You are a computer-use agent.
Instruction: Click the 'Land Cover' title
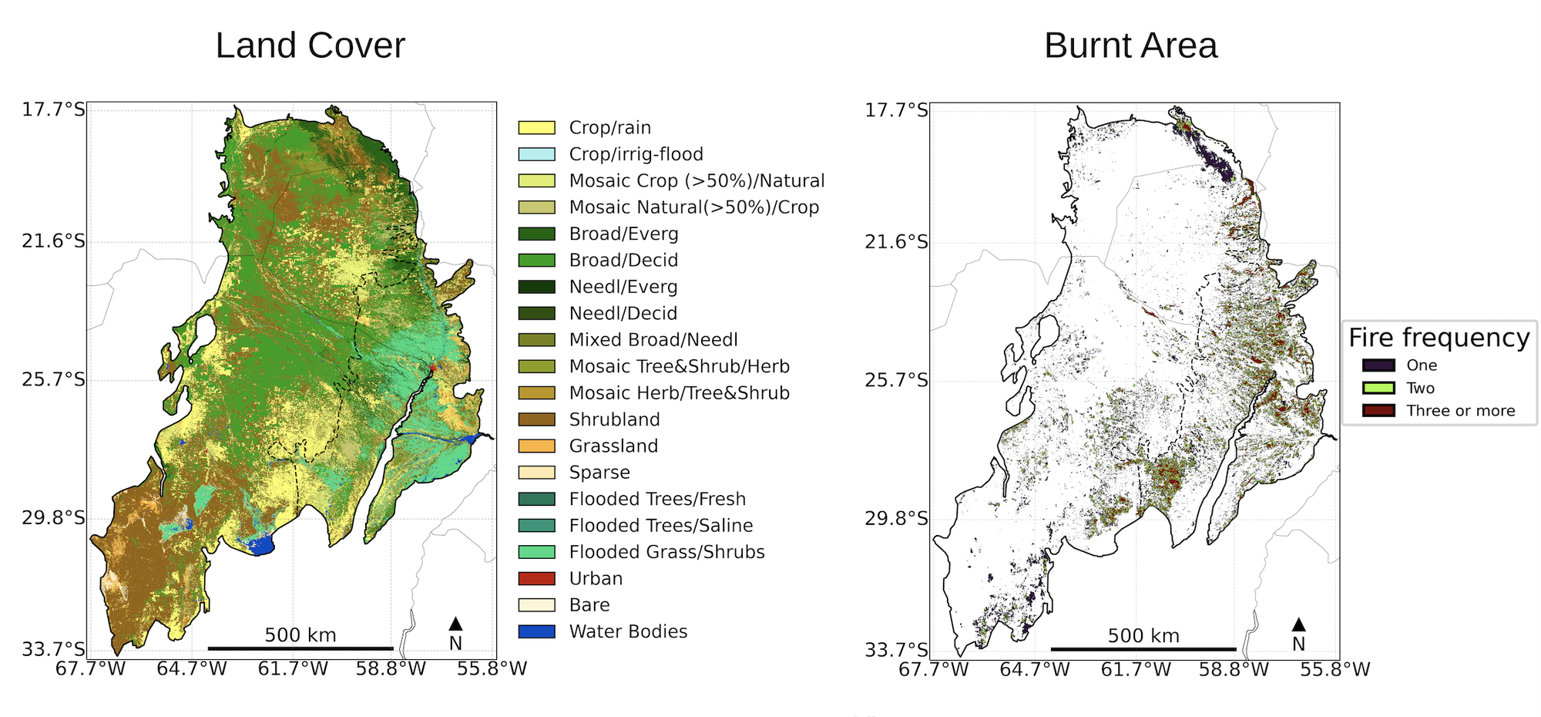(310, 45)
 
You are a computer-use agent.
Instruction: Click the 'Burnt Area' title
(1130, 45)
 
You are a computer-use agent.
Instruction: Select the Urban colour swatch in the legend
(536, 578)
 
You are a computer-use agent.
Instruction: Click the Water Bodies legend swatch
(536, 631)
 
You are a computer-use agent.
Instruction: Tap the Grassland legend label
(613, 446)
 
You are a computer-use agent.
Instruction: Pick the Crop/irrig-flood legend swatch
(536, 154)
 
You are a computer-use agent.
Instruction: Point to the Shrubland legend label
(614, 419)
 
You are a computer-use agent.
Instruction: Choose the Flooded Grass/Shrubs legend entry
(666, 552)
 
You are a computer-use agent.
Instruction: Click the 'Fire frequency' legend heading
(1439, 338)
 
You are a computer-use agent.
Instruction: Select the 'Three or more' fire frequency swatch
(1378, 410)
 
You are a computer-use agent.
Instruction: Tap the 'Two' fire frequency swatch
(1378, 388)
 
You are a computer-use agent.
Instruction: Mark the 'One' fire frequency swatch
(1378, 365)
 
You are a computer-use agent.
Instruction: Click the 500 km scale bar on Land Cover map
(300, 648)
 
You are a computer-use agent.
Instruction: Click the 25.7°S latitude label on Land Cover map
(53, 380)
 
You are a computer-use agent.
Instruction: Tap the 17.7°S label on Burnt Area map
(896, 109)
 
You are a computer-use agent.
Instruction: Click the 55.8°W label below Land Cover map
(492, 669)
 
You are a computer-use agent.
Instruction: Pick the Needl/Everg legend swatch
(536, 287)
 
